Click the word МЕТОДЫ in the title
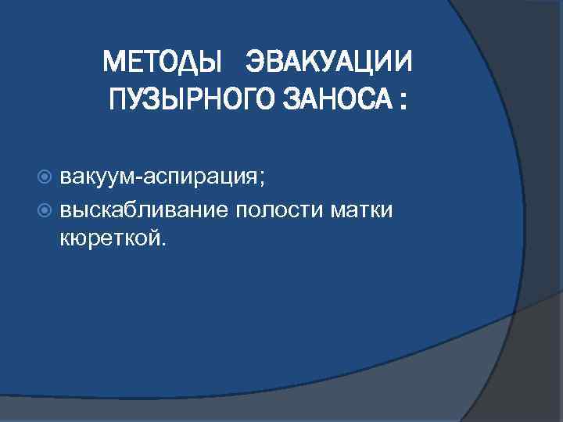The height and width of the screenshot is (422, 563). point(163,60)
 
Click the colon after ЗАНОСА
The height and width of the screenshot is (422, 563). point(403,102)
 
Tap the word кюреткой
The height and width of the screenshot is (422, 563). point(109,238)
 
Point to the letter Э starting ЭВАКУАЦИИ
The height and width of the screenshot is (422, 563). point(255,60)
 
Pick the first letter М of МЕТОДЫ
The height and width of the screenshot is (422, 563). point(113,60)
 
